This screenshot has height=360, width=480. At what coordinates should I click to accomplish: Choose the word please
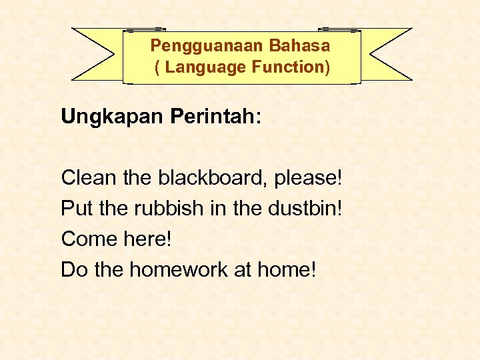pos(307,179)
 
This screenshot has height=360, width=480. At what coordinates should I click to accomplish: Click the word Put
pos(76,209)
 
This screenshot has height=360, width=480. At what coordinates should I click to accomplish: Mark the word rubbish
pos(167,209)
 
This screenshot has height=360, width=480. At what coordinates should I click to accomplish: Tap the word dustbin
pos(302,209)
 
